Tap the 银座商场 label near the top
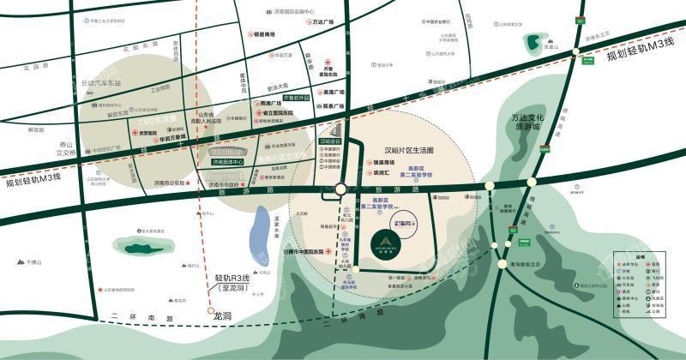point(263,34)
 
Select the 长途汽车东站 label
point(101,83)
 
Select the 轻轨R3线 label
point(232,279)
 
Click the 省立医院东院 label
point(275,112)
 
